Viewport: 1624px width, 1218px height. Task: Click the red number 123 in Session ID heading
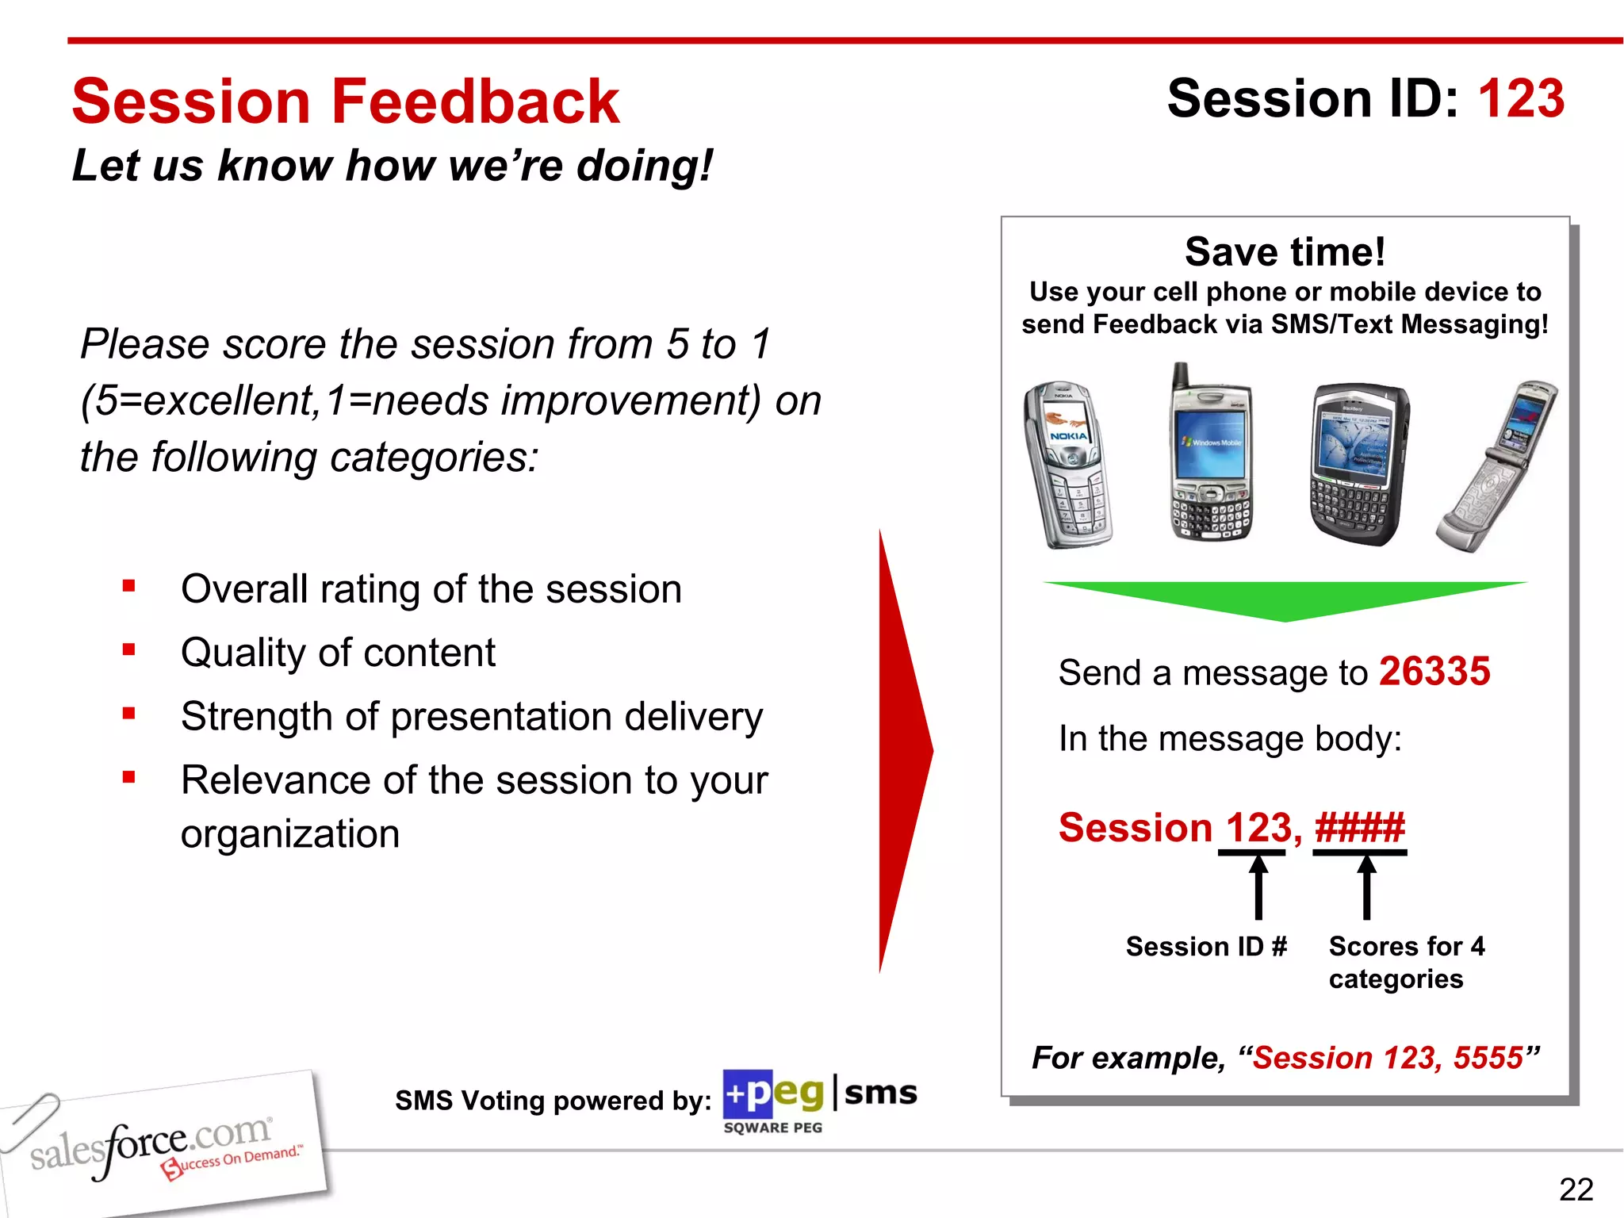pyautogui.click(x=1520, y=99)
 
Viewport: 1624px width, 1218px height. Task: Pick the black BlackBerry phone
pyautogui.click(x=1359, y=465)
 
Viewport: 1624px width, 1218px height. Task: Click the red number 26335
pyautogui.click(x=1434, y=672)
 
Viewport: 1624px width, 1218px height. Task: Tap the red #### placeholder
pyautogui.click(x=1359, y=828)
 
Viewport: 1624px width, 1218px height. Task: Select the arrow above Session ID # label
pyautogui.click(x=1258, y=887)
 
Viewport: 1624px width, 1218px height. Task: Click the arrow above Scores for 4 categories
pyautogui.click(x=1366, y=887)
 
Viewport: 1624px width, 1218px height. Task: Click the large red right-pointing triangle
pyautogui.click(x=904, y=749)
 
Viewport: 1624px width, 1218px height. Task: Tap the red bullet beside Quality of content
pyautogui.click(x=129, y=650)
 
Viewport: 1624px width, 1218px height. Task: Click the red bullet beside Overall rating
pyautogui.click(x=129, y=587)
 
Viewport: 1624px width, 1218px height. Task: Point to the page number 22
pyautogui.click(x=1576, y=1189)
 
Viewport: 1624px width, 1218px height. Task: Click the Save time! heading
pyautogui.click(x=1285, y=252)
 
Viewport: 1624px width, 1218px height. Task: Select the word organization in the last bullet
pyautogui.click(x=290, y=834)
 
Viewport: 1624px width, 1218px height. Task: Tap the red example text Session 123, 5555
pyautogui.click(x=1388, y=1058)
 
